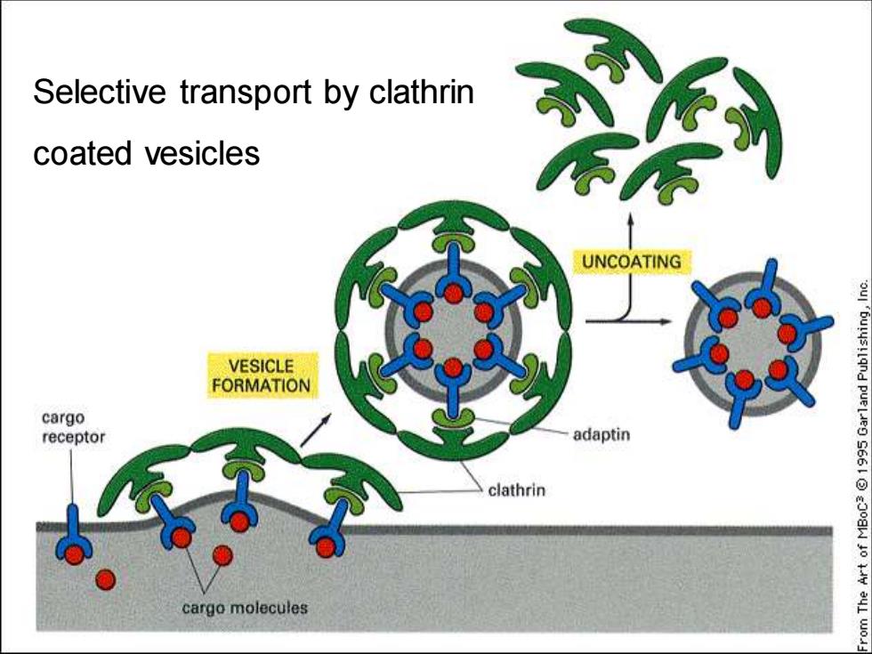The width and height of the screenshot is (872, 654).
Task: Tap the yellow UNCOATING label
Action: (632, 262)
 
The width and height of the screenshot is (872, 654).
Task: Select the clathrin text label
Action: (517, 490)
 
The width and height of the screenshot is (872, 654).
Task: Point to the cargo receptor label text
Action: (73, 427)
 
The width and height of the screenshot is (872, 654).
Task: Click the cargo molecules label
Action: (245, 607)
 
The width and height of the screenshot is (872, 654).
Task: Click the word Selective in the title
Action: (100, 92)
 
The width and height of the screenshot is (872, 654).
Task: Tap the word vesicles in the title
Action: (203, 153)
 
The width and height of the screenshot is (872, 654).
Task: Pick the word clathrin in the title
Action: (422, 92)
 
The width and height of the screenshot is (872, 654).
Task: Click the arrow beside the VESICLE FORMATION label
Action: (316, 430)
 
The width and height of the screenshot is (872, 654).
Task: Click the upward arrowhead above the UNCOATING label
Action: (631, 219)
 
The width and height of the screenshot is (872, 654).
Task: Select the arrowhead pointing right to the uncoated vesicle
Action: (666, 321)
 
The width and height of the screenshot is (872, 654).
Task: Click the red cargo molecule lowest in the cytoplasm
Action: (105, 580)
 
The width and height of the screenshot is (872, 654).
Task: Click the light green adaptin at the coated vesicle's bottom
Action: (453, 416)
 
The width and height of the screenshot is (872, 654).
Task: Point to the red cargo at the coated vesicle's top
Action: (453, 293)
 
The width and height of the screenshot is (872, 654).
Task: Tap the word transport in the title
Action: (246, 93)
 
